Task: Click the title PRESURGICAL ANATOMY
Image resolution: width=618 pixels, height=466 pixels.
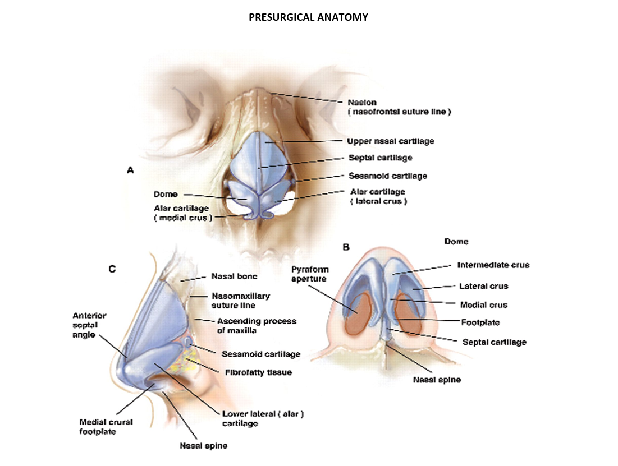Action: click(308, 17)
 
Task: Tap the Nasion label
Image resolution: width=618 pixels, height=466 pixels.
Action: click(361, 103)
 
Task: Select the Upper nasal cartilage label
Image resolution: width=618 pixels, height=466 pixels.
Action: click(390, 141)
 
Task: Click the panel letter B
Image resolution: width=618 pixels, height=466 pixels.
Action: click(346, 247)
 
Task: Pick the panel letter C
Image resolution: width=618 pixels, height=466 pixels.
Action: click(112, 270)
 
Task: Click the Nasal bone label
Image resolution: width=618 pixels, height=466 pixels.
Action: click(234, 276)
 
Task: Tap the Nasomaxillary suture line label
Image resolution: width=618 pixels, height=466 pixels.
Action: click(241, 301)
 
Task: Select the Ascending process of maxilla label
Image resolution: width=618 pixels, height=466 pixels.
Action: click(257, 325)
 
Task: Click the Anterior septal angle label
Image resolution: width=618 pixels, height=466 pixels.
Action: click(89, 325)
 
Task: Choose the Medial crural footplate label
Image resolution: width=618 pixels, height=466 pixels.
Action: click(106, 426)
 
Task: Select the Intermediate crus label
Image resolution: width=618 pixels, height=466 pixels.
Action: click(493, 265)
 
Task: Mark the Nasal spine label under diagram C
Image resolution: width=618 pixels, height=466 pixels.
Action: click(203, 446)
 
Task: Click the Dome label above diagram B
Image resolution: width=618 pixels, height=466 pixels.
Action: click(456, 242)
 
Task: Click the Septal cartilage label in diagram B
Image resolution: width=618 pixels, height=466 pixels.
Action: click(494, 342)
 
